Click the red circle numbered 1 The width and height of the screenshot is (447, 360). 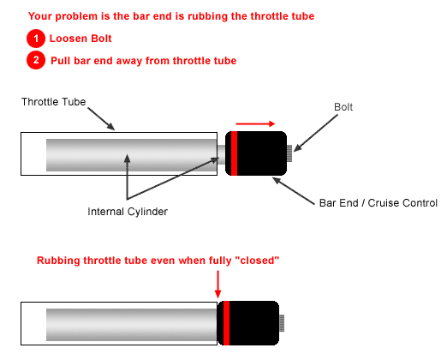36,39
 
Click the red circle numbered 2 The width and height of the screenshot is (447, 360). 36,60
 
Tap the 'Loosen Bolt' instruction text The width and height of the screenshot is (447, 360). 80,39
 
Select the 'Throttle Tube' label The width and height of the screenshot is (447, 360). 53,102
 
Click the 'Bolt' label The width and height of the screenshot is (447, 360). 343,107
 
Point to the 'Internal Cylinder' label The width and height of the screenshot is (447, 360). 128,212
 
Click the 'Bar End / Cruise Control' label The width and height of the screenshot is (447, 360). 378,203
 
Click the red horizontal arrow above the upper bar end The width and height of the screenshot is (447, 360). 255,123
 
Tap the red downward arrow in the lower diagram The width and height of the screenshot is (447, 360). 218,285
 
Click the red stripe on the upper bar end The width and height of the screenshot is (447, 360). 234,153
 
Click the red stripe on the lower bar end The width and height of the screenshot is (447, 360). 226,323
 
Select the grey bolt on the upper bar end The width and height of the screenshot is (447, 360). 289,153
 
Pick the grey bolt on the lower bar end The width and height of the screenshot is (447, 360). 282,323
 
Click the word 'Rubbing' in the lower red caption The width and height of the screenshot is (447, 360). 58,261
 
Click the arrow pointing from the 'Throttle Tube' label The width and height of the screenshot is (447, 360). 101,119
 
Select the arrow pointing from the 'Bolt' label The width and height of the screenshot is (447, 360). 315,133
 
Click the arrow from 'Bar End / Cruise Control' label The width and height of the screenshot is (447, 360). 293,191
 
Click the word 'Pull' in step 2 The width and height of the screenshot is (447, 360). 60,61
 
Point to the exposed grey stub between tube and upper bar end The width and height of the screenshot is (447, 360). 221,154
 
